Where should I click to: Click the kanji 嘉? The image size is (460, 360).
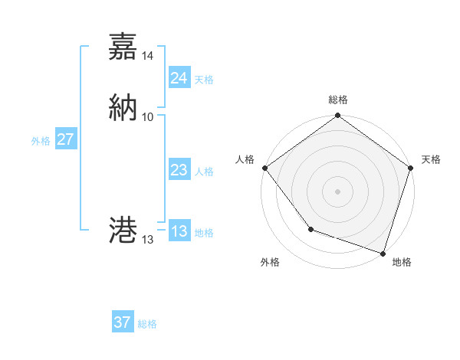pos(123,47)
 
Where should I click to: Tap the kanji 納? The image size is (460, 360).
pos(123,107)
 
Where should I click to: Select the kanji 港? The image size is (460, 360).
pos(123,230)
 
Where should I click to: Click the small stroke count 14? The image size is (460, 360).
pos(148,56)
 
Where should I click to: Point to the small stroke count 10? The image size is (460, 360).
pos(148,117)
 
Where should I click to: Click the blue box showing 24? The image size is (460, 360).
pos(179,78)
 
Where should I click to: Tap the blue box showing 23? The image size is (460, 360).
pos(179,171)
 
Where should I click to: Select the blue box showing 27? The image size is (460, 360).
pos(65,139)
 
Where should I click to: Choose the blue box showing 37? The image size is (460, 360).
pos(123,322)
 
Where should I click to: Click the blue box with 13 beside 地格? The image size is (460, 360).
pos(179,231)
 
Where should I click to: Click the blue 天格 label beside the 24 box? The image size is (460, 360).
pos(204,80)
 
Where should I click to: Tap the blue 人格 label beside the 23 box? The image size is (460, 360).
pos(204,172)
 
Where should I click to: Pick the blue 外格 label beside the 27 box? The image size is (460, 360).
pos(41,141)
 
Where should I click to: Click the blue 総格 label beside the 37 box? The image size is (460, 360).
pos(147,324)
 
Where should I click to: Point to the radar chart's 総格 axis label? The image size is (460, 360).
pos(338,100)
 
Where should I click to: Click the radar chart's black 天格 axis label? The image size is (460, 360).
pos(431,159)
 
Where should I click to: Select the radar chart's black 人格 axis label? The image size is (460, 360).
pos(245,159)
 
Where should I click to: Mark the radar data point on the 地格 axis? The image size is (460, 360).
pos(383,252)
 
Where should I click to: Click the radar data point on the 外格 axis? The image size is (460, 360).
pos(310,229)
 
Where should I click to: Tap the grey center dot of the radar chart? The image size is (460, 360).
pos(337,191)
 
